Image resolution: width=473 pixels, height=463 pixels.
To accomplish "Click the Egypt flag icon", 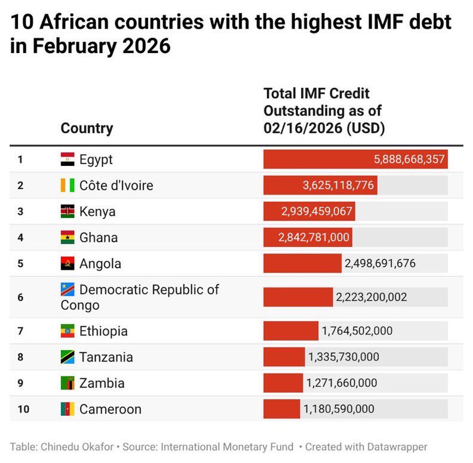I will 67,159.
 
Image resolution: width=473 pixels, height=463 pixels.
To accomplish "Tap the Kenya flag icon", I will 67,212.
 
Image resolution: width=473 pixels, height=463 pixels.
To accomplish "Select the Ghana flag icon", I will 67,237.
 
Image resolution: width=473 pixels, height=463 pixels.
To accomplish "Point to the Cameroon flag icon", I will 67,409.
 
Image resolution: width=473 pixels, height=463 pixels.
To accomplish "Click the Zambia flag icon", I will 67,383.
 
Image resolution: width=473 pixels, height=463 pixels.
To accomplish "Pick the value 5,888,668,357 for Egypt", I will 409,159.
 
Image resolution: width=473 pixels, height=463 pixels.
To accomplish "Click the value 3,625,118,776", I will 338,186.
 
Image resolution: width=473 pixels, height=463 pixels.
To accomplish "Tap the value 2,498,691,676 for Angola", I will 380,263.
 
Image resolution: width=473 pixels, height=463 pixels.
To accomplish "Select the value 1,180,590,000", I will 339,409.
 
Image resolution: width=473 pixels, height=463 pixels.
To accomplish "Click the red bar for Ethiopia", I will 291,331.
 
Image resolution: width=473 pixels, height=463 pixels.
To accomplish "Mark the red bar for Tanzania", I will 284,357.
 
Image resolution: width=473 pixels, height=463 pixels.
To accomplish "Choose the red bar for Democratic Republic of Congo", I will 298,297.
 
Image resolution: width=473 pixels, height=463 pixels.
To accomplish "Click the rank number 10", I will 22,409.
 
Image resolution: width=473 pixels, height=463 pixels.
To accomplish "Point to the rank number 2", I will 20,186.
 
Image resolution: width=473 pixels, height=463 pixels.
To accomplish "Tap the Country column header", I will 87,128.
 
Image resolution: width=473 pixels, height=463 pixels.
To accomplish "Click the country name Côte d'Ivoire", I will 116,186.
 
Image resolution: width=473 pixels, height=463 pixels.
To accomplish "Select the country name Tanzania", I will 106,357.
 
